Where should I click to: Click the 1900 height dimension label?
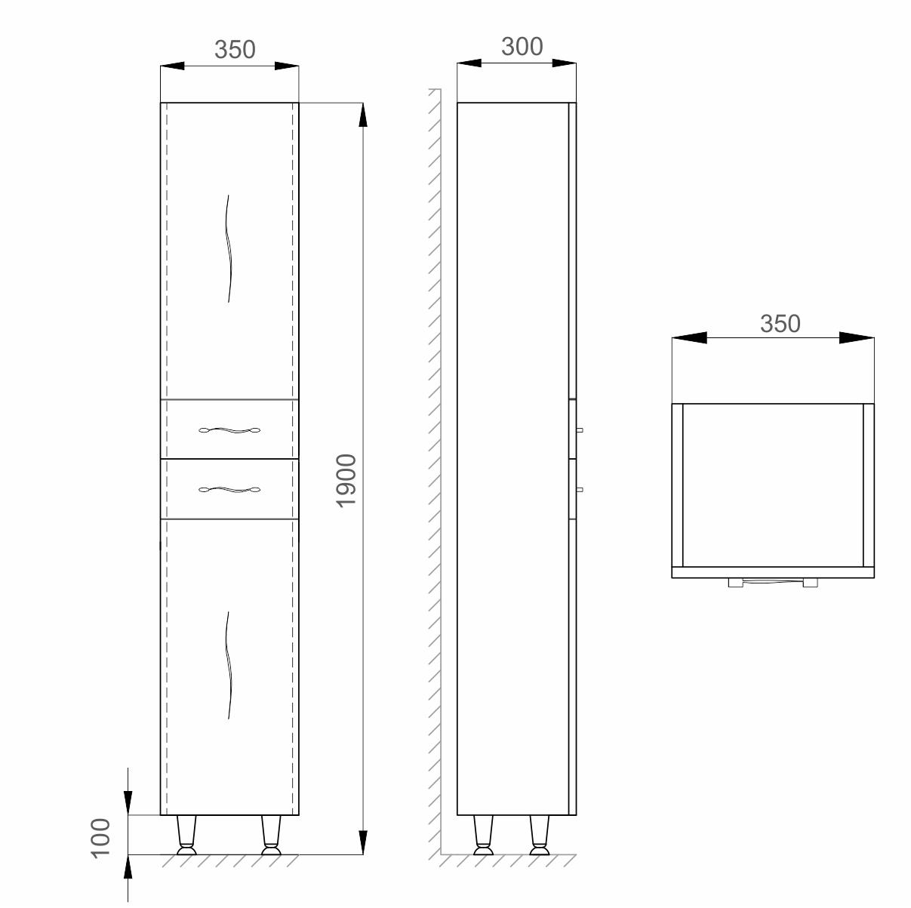point(346,481)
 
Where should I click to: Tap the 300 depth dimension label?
point(522,46)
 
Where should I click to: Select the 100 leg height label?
point(100,838)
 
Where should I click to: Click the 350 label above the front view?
point(235,49)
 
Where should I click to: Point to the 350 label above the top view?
point(780,324)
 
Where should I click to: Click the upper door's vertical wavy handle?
point(229,248)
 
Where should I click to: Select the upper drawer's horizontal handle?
point(229,430)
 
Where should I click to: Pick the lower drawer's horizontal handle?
point(229,489)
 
